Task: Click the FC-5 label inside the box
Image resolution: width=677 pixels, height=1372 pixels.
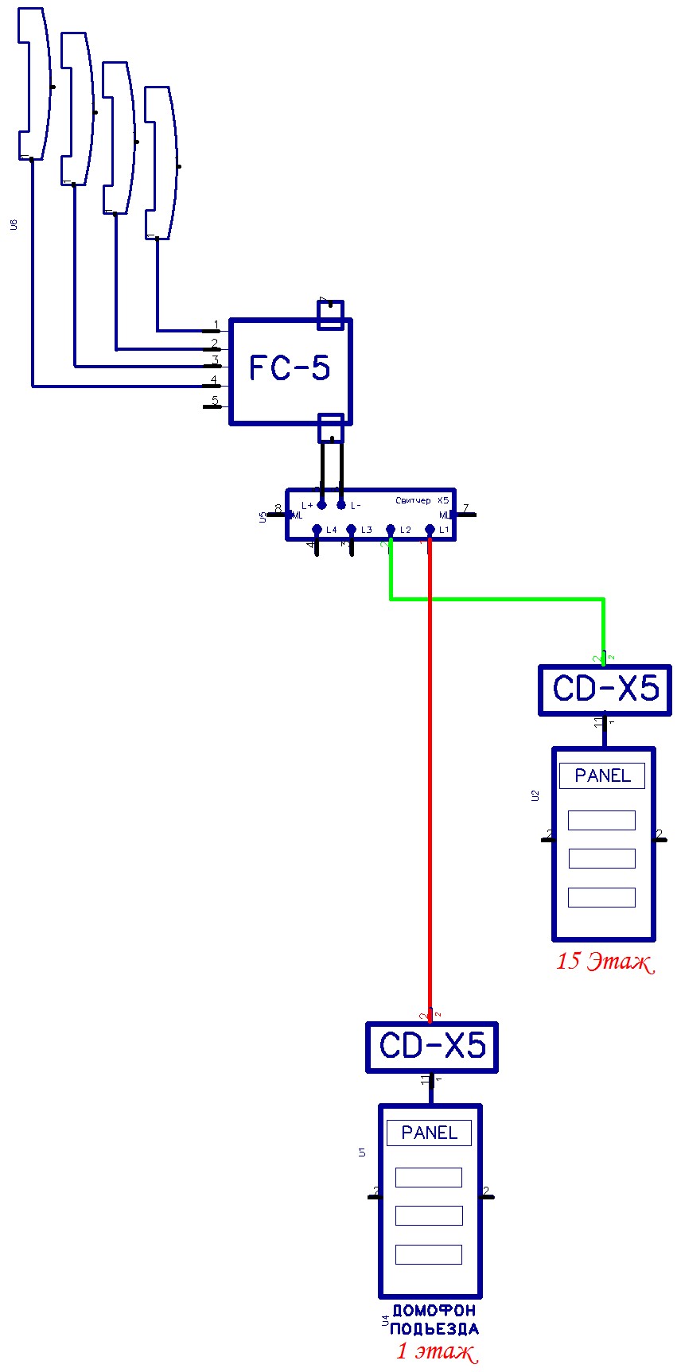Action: point(290,368)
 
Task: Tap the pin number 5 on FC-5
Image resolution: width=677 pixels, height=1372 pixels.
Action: point(214,401)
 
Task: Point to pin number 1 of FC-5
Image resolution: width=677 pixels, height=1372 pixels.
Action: point(216,325)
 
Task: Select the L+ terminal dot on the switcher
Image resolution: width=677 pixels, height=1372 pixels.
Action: point(321,505)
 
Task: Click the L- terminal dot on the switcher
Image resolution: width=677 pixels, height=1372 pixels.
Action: point(341,505)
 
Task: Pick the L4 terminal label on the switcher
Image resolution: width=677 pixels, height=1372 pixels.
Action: point(331,530)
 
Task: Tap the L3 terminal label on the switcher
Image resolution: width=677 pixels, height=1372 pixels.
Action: point(366,530)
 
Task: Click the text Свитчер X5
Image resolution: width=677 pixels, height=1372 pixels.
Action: point(422,500)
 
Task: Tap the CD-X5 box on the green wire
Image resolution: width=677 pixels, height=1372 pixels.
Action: point(605,690)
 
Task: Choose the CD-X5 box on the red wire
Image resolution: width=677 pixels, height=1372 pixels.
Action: point(432,1047)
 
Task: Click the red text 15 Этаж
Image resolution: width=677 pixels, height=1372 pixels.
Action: point(605,962)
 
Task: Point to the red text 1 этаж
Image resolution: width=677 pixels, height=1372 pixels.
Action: point(436,1351)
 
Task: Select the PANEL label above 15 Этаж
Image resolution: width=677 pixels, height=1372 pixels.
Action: point(602,775)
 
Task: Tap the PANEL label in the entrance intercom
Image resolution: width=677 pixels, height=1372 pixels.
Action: point(429,1133)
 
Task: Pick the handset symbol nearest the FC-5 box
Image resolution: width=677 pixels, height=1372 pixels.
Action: point(158,163)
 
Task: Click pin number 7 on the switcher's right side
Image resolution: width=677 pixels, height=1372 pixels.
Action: point(465,509)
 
